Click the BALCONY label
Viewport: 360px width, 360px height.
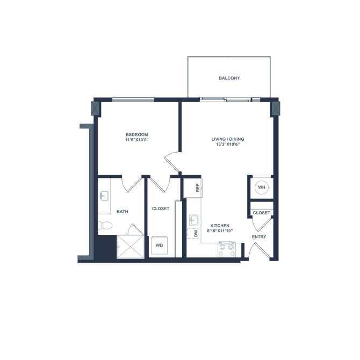pyautogui.click(x=229, y=78)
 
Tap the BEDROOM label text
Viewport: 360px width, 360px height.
pyautogui.click(x=136, y=137)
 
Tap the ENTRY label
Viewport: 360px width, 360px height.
pyautogui.click(x=259, y=236)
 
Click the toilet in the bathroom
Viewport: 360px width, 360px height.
pyautogui.click(x=104, y=225)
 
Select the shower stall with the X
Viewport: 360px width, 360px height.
pyautogui.click(x=131, y=247)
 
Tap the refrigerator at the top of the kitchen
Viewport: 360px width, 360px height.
pyautogui.click(x=192, y=188)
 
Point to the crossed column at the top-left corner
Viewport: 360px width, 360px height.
pyautogui.click(x=96, y=109)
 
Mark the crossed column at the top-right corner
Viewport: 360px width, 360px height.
pyautogui.click(x=276, y=109)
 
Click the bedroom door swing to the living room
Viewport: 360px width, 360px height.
pyautogui.click(x=172, y=161)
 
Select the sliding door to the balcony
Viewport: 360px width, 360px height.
pyautogui.click(x=225, y=100)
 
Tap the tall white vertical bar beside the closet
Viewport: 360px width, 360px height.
pyautogui.click(x=178, y=228)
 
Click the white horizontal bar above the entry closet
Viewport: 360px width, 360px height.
pyautogui.click(x=262, y=205)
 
